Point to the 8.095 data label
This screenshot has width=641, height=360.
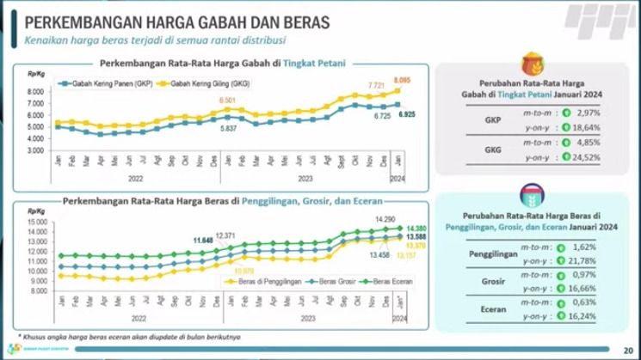pyautogui.click(x=402, y=80)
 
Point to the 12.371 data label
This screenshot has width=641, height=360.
pyautogui.click(x=225, y=235)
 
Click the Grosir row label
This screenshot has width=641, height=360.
pyautogui.click(x=487, y=280)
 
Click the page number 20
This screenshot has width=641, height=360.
pyautogui.click(x=626, y=349)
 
